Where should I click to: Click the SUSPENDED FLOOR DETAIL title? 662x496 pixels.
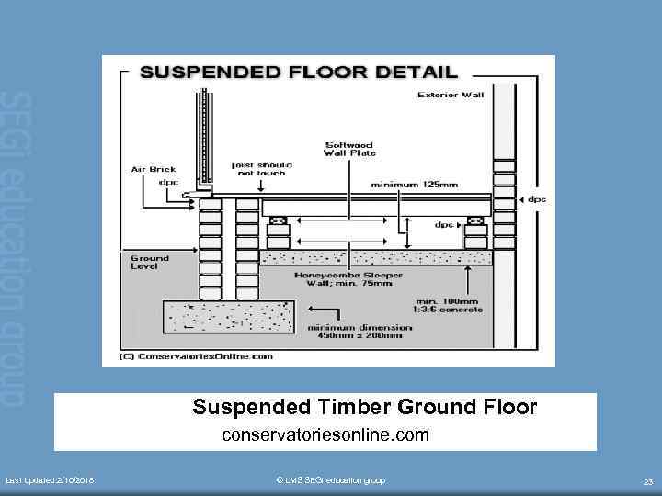[x=298, y=72]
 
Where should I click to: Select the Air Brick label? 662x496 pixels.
[x=153, y=169]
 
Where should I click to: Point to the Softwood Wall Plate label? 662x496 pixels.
[x=349, y=149]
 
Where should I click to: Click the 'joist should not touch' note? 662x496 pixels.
[x=259, y=169]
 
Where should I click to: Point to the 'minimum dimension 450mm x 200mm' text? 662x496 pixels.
[x=354, y=332]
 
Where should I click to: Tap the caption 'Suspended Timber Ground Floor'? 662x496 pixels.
[x=364, y=407]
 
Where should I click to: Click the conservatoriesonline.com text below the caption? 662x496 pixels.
[x=325, y=431]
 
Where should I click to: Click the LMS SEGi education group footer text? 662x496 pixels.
[x=331, y=480]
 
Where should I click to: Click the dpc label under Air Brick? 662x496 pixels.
[x=169, y=181]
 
